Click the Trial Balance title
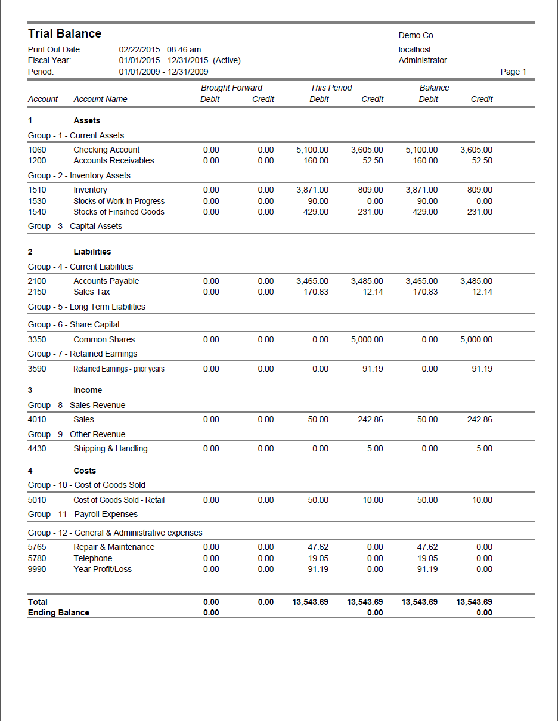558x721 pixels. tap(64, 33)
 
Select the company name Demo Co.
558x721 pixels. tap(417, 36)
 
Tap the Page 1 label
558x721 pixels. tap(513, 72)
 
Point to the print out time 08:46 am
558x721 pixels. tap(184, 49)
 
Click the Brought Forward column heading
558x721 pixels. tap(231, 88)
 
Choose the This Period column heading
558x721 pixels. tap(331, 88)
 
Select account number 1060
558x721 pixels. tap(37, 150)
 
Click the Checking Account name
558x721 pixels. tap(107, 150)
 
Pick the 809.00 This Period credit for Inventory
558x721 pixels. tap(370, 190)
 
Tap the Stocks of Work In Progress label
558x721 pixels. tap(119, 201)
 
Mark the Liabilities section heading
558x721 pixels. tap(92, 252)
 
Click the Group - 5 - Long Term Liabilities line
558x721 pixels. tap(86, 307)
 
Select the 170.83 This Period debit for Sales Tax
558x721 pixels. tap(316, 292)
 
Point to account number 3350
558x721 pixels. tap(37, 339)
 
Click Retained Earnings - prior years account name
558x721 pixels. tap(119, 369)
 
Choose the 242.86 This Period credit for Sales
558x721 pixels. tap(370, 419)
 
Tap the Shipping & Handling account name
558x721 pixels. tap(110, 448)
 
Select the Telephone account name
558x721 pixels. tap(93, 558)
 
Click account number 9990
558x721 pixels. tap(37, 569)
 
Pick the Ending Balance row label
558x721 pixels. tap(58, 612)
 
